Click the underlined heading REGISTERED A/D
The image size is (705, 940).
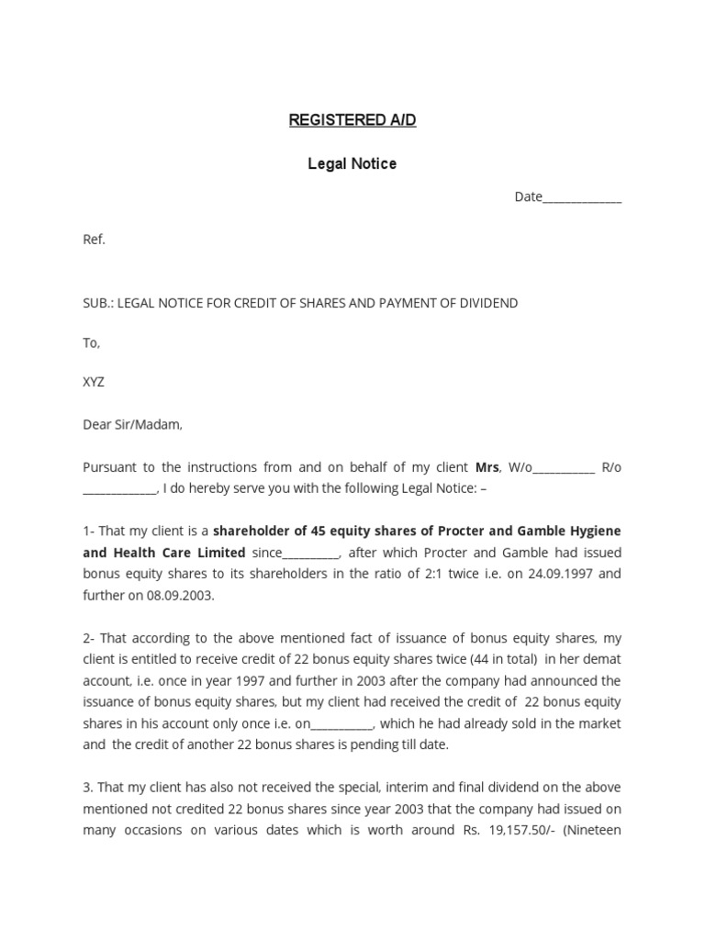click(352, 120)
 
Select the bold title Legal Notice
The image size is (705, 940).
click(352, 163)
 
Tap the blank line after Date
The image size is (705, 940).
click(582, 198)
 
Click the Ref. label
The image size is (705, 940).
click(95, 240)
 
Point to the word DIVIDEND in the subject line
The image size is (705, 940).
click(487, 303)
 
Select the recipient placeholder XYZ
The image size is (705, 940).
click(94, 382)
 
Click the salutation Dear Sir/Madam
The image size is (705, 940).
click(133, 424)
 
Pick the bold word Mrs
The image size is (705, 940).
click(487, 467)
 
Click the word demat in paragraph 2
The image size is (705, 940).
click(601, 659)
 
